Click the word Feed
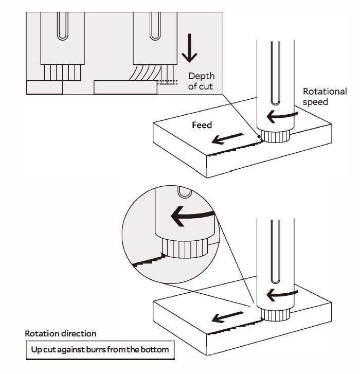coord(202,125)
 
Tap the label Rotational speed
coord(325,96)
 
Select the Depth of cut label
coord(201,81)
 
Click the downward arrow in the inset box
coord(190,50)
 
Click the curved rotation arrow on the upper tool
coord(280,116)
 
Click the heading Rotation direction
coord(60,334)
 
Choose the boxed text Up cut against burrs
coord(100,350)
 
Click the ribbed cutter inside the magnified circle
coord(185,248)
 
